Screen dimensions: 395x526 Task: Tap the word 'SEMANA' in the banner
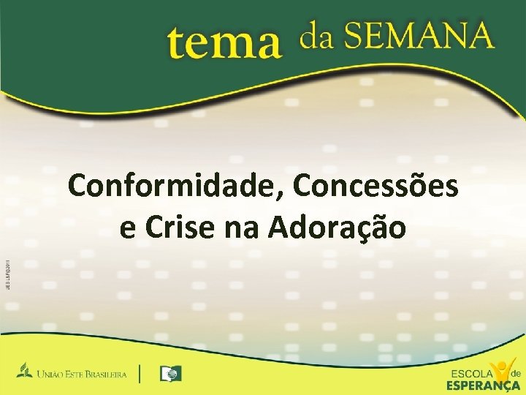pyautogui.click(x=419, y=35)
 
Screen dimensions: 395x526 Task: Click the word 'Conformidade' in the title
pyautogui.click(x=177, y=187)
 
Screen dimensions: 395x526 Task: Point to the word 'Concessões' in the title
pyautogui.click(x=376, y=187)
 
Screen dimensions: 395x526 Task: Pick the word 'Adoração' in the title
pyautogui.click(x=337, y=227)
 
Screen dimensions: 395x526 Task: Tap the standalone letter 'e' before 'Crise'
pyautogui.click(x=127, y=229)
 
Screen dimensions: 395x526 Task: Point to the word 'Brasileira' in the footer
pyautogui.click(x=110, y=375)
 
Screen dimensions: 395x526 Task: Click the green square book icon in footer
pyautogui.click(x=170, y=374)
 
